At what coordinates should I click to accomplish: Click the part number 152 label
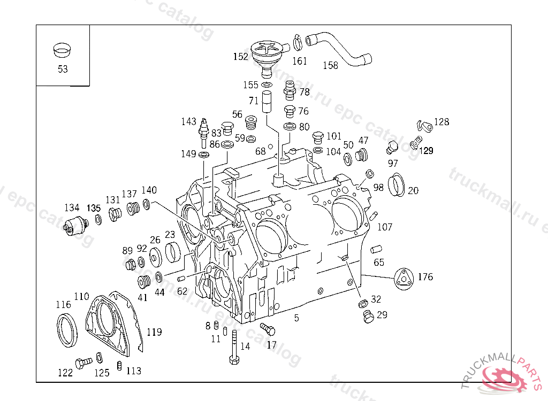[240, 56]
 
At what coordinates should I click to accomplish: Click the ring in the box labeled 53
[63, 51]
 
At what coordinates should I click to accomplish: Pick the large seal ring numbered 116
[67, 330]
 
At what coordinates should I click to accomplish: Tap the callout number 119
[154, 332]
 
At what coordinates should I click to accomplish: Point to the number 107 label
[385, 227]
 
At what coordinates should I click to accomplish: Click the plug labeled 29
[367, 315]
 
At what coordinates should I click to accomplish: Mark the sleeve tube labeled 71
[268, 102]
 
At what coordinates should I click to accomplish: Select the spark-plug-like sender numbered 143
[204, 133]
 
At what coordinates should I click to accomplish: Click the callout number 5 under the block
[296, 318]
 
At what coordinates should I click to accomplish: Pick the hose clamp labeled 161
[298, 41]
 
